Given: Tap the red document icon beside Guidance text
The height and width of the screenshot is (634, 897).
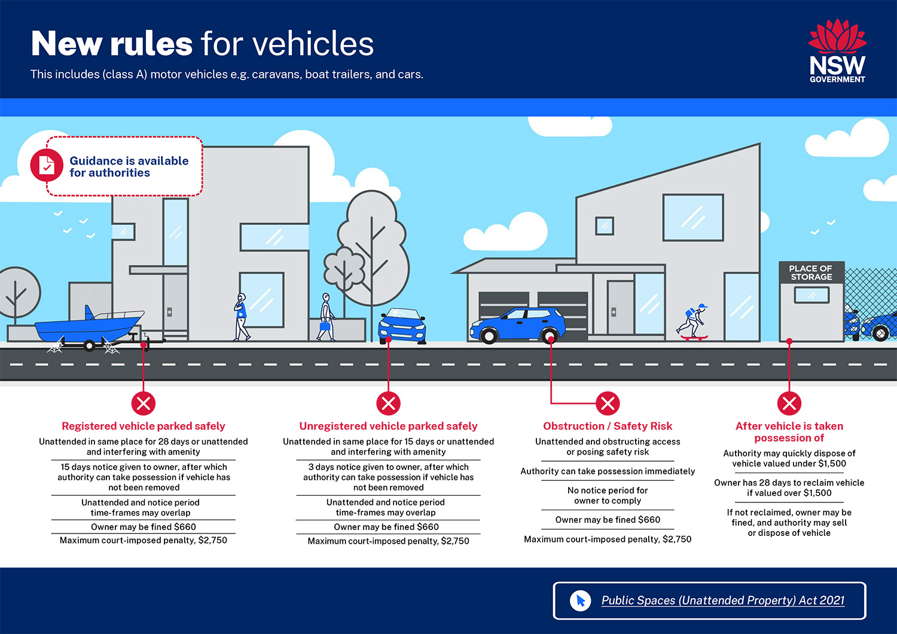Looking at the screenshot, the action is click(x=47, y=165).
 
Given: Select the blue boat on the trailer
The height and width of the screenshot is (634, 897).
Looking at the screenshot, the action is click(x=89, y=324).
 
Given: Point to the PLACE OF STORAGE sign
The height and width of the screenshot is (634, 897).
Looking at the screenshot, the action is click(x=811, y=272).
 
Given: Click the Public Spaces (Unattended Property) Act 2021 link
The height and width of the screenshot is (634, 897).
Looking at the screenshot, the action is click(x=723, y=601).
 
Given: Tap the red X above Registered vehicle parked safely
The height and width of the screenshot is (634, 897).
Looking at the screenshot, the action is click(x=144, y=403).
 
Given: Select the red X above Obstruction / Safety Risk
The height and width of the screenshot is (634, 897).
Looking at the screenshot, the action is click(x=608, y=403).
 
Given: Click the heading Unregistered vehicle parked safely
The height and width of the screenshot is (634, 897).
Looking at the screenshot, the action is click(x=388, y=426).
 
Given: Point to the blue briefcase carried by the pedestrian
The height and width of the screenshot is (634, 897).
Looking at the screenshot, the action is click(x=325, y=325).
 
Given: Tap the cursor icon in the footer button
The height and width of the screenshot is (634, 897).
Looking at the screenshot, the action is click(x=580, y=601).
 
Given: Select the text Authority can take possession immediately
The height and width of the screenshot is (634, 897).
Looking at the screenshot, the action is click(x=608, y=471).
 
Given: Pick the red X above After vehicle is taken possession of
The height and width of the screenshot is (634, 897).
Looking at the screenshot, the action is click(x=789, y=403).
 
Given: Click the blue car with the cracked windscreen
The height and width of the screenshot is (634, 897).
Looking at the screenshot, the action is click(x=402, y=327).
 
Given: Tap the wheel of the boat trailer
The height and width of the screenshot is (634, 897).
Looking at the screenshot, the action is click(x=89, y=345).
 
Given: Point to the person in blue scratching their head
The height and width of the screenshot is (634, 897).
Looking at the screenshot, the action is click(x=241, y=317).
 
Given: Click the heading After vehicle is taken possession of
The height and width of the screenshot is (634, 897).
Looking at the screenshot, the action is click(x=789, y=432).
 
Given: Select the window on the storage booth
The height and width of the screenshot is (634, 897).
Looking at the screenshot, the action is click(x=811, y=295).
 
